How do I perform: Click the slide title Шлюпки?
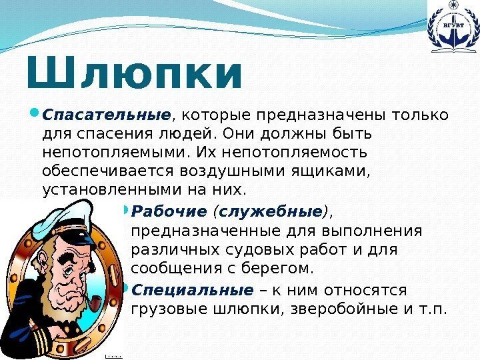(x=133, y=75)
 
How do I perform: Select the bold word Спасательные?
(x=107, y=116)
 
